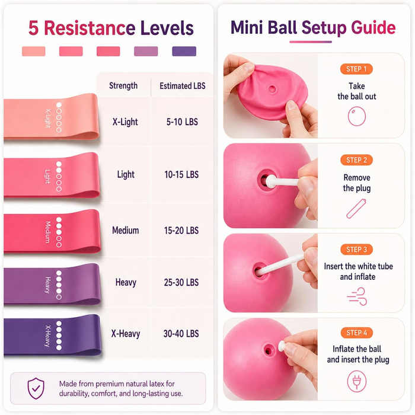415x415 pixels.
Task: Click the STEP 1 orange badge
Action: pyautogui.click(x=356, y=69)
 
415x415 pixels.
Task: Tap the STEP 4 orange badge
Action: pyautogui.click(x=356, y=333)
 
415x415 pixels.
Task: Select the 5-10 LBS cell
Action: pyautogui.click(x=182, y=122)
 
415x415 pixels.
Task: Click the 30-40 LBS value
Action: pyautogui.click(x=181, y=333)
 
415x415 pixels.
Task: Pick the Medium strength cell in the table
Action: pyautogui.click(x=126, y=230)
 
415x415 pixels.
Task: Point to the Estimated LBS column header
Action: pyautogui.click(x=183, y=86)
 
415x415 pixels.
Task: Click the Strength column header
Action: pyautogui.click(x=123, y=86)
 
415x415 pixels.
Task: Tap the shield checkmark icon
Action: pyautogui.click(x=36, y=388)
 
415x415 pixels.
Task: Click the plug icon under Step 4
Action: pyautogui.click(x=357, y=381)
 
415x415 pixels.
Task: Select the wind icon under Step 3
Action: pyautogui.click(x=357, y=296)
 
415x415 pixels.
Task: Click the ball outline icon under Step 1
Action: pyautogui.click(x=357, y=116)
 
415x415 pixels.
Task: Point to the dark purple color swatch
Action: pyautogui.click(x=184, y=51)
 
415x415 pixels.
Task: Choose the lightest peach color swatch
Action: pyautogui.click(x=34, y=51)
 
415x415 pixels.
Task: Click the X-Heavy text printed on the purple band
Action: pyautogui.click(x=47, y=336)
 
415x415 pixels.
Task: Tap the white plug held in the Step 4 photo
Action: pyautogui.click(x=282, y=346)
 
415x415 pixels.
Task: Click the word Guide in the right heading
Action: pyautogui.click(x=373, y=27)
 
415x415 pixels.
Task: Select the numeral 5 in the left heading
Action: pyautogui.click(x=34, y=28)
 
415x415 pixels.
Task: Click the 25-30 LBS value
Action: pyautogui.click(x=181, y=282)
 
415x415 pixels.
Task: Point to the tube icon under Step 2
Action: pyautogui.click(x=356, y=209)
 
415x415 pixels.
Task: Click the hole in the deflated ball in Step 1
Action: pyautogui.click(x=272, y=89)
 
